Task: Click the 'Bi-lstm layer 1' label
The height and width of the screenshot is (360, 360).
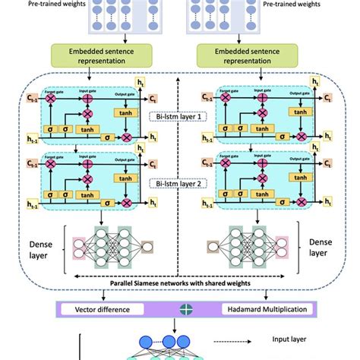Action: (180, 118)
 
